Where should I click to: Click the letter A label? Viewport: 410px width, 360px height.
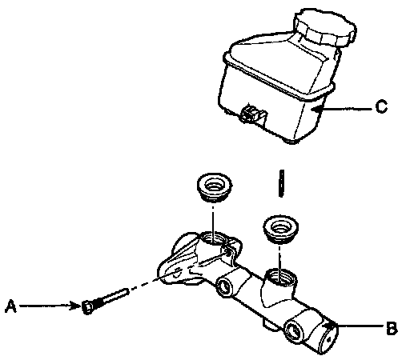(x=11, y=306)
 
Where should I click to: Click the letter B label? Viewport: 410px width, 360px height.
(x=392, y=328)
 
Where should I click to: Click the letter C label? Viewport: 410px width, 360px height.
(x=381, y=106)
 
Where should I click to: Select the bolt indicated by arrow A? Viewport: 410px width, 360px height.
(x=105, y=301)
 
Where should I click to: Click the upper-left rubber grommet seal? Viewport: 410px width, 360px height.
(x=214, y=188)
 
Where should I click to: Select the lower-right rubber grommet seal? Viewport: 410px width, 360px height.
(x=280, y=229)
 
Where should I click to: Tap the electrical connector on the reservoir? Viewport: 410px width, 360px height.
(x=253, y=114)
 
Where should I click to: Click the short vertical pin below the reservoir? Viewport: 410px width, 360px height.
(x=280, y=183)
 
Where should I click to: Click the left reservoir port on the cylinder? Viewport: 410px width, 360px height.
(x=213, y=238)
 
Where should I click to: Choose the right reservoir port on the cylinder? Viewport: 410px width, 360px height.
(x=281, y=278)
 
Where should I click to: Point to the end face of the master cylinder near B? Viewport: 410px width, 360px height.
(x=329, y=338)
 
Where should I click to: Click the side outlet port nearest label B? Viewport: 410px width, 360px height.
(x=294, y=331)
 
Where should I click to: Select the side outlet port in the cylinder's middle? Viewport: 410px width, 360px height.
(x=224, y=286)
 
